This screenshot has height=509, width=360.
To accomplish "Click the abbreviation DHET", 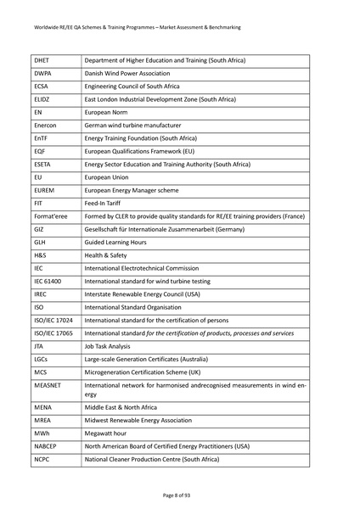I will coord(42,61).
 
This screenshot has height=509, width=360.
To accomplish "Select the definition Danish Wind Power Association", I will coord(128,74).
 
